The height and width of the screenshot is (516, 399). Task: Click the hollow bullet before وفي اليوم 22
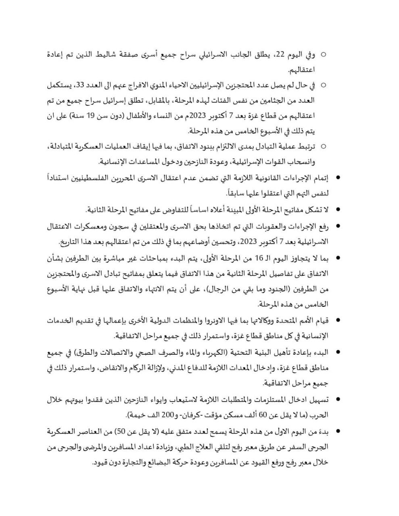point(323,54)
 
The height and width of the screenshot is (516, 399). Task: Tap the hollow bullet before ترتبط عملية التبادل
point(323,147)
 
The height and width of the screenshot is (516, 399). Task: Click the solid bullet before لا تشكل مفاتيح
point(338,210)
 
